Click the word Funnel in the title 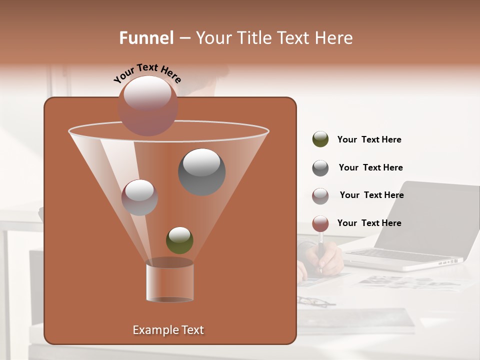146,38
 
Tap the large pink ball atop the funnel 147,105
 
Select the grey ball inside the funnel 201,171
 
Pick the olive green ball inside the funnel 179,240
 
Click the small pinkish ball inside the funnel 139,197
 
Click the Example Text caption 168,330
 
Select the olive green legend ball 320,139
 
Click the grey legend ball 320,168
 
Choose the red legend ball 320,223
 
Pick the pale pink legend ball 320,195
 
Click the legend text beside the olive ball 369,139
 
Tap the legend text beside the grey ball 370,167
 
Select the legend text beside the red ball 369,223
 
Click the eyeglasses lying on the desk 315,301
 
